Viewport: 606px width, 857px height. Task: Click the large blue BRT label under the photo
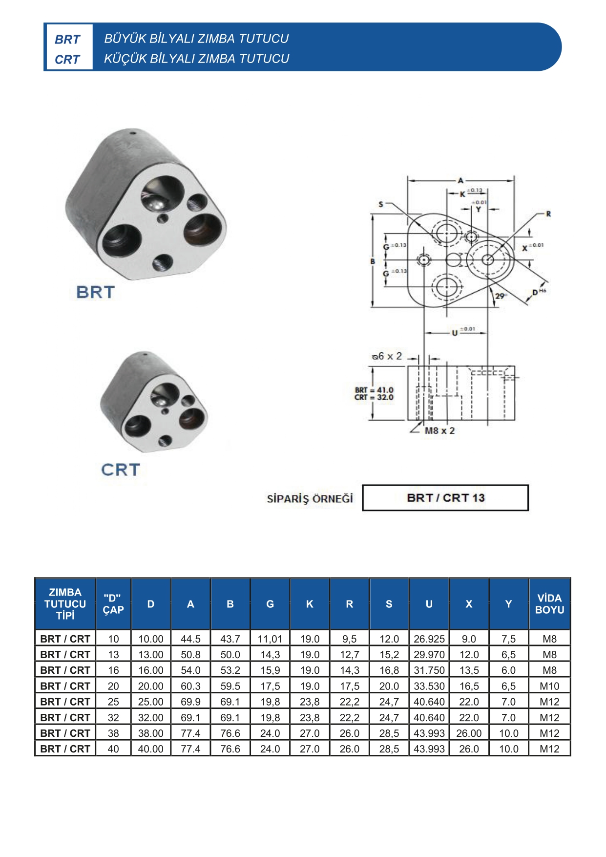(95, 292)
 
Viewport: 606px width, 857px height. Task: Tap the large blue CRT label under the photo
(121, 470)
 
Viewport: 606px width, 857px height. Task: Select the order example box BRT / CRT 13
(445, 498)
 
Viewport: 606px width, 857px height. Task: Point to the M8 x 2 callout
(439, 430)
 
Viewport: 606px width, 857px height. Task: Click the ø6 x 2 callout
(387, 356)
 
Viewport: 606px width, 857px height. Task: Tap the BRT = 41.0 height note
(374, 390)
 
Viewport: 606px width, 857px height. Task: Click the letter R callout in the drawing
(548, 214)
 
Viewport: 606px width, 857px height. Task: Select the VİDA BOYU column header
(549, 604)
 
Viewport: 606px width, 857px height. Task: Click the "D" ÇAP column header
(113, 604)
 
